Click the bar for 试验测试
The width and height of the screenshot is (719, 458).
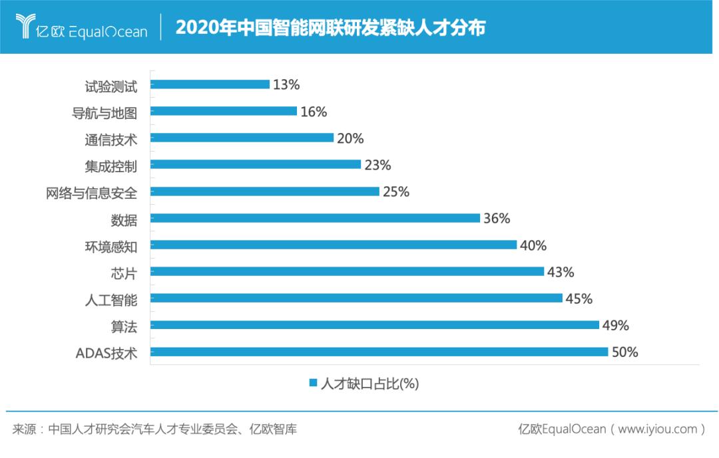click(210, 84)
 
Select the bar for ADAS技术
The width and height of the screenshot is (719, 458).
click(379, 352)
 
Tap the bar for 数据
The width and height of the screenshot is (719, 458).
click(316, 218)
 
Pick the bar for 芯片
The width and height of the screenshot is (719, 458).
click(348, 271)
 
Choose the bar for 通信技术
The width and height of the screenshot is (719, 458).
click(242, 138)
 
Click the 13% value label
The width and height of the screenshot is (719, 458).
click(287, 84)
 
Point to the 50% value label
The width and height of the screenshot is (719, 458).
click(625, 352)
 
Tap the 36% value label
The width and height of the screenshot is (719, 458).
click(497, 218)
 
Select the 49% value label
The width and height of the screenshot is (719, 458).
click(616, 325)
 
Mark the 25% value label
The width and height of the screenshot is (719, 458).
click(396, 191)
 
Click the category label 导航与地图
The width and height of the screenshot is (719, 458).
click(105, 112)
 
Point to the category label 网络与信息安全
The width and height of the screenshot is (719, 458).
click(91, 193)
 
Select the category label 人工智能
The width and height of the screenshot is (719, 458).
click(111, 299)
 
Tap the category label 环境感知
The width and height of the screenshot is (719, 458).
click(111, 246)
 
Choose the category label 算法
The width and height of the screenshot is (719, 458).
click(124, 326)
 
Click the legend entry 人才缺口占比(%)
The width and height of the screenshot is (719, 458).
click(364, 384)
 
